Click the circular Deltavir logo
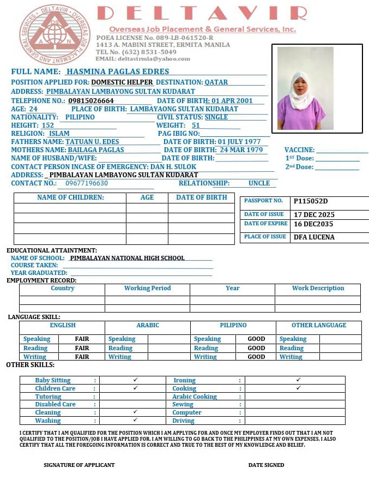coord(55,34)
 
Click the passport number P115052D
coord(311,201)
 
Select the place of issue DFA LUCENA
coord(314,237)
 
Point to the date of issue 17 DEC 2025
coord(314,215)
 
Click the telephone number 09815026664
coord(91,101)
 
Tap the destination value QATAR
coord(216,82)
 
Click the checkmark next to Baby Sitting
coord(135,380)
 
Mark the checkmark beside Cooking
coord(298,388)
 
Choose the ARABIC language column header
coord(148,326)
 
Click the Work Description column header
coord(318,289)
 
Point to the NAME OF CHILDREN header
coord(70,197)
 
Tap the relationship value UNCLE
coord(259,184)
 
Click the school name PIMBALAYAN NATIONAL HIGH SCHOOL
coord(128,258)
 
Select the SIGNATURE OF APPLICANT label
coord(79,465)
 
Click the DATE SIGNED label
coord(266,465)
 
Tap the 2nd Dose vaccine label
coord(299,167)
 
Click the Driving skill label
coord(183,421)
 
